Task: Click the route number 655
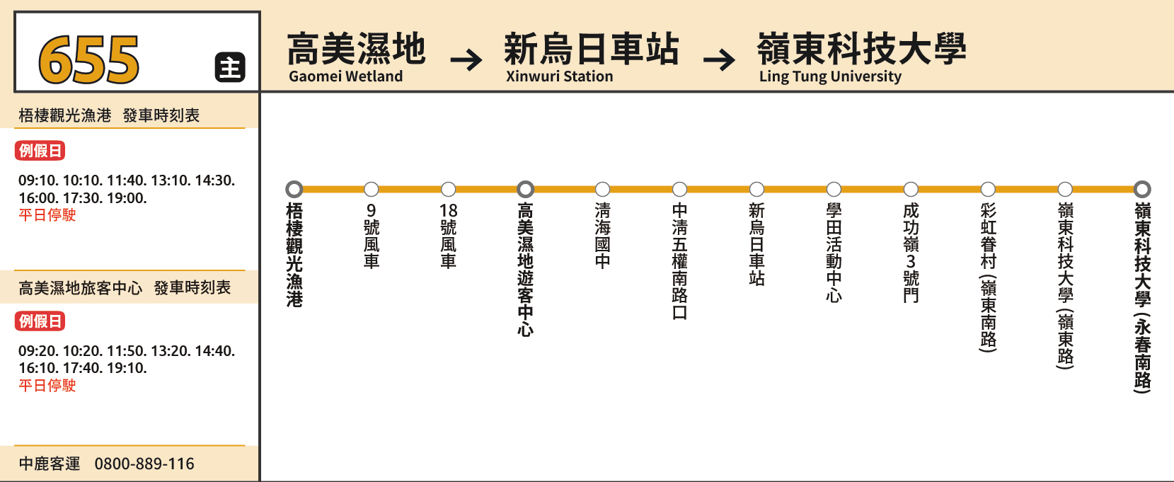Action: (x=88, y=59)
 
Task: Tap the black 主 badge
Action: (x=230, y=67)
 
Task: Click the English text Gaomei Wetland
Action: (x=345, y=76)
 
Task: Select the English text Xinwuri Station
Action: (x=559, y=76)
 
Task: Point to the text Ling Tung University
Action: (x=830, y=76)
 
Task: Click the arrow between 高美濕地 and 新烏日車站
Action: (x=466, y=59)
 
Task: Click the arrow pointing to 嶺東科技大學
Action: (x=719, y=59)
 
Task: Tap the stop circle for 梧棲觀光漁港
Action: (x=294, y=189)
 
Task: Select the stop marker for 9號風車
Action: (x=371, y=189)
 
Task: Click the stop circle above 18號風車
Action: (x=448, y=189)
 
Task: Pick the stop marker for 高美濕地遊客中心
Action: (x=525, y=189)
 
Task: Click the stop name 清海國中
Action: (x=603, y=236)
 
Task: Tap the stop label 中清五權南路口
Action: (x=680, y=261)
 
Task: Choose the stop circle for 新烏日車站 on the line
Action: (x=756, y=189)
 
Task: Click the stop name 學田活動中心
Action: (x=834, y=253)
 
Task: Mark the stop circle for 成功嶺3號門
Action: (x=911, y=189)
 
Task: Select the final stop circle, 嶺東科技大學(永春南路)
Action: (x=1142, y=189)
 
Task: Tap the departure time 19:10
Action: (x=127, y=368)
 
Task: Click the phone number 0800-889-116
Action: (x=144, y=464)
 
